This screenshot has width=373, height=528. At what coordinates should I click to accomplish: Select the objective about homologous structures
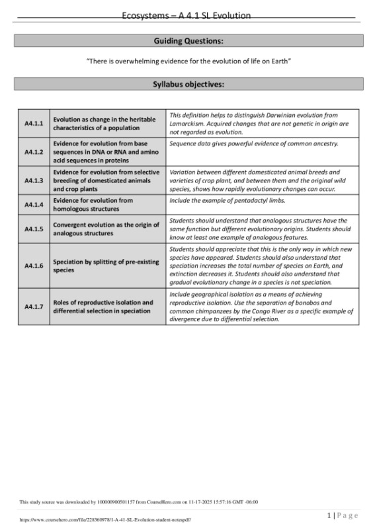pyautogui.click(x=93, y=204)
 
